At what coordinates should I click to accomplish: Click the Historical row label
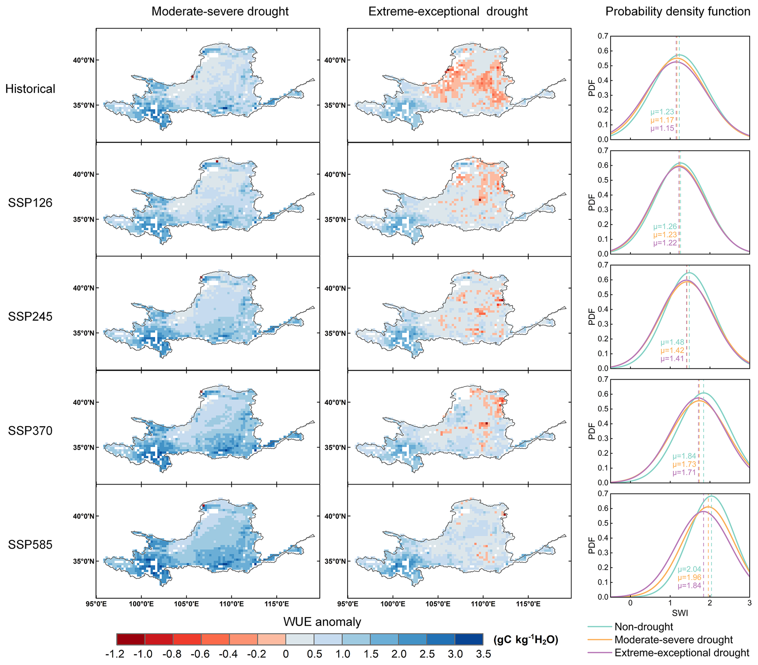pos(30,89)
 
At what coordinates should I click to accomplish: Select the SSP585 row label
pos(30,545)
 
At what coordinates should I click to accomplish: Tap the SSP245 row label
pos(30,317)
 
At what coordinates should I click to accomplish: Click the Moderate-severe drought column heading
pos(220,11)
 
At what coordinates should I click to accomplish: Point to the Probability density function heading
pos(678,11)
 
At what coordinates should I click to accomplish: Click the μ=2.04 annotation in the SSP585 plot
pos(689,569)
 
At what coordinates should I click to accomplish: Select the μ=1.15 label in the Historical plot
pos(662,128)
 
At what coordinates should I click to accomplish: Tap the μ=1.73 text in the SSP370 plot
pos(684,464)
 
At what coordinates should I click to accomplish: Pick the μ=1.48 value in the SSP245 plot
pos(672,342)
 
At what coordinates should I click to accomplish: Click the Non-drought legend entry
pos(644,627)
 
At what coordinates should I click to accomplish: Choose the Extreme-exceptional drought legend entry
pos(682,653)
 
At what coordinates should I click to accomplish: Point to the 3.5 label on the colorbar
pos(483,654)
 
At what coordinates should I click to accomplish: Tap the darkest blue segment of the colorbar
pos(469,639)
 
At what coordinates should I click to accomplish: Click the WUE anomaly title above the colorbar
pos(322,622)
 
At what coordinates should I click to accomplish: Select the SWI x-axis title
pos(680,613)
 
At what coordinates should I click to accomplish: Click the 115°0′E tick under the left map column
pos(277,604)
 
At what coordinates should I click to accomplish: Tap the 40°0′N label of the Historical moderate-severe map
pos(84,60)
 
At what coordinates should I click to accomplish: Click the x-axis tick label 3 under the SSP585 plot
pos(749,603)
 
